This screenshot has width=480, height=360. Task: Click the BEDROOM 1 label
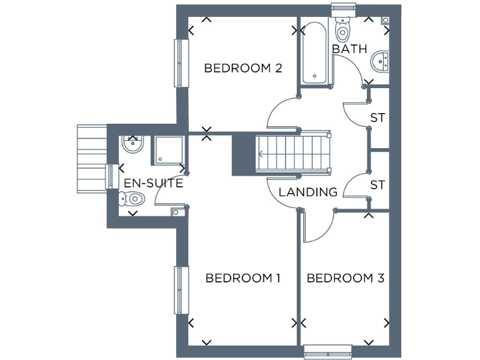242,278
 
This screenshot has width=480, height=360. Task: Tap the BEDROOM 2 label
243,68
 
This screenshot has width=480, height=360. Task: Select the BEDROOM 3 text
345,278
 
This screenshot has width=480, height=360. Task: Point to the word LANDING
307,192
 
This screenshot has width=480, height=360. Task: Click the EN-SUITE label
153,183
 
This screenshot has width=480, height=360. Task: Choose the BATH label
349,49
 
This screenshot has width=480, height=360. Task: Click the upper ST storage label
377,117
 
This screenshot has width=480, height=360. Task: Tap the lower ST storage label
377,185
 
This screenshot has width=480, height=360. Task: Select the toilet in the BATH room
342,29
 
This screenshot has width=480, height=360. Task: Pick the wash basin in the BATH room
380,61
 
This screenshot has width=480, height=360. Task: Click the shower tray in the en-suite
169,150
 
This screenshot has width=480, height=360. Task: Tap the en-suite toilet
132,199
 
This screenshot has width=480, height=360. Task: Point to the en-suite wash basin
132,145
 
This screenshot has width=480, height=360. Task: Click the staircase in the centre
292,152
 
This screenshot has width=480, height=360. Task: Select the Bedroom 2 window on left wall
181,64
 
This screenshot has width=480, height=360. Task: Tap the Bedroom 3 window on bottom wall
328,352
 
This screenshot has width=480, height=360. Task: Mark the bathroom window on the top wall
342,9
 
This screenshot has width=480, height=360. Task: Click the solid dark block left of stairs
244,154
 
